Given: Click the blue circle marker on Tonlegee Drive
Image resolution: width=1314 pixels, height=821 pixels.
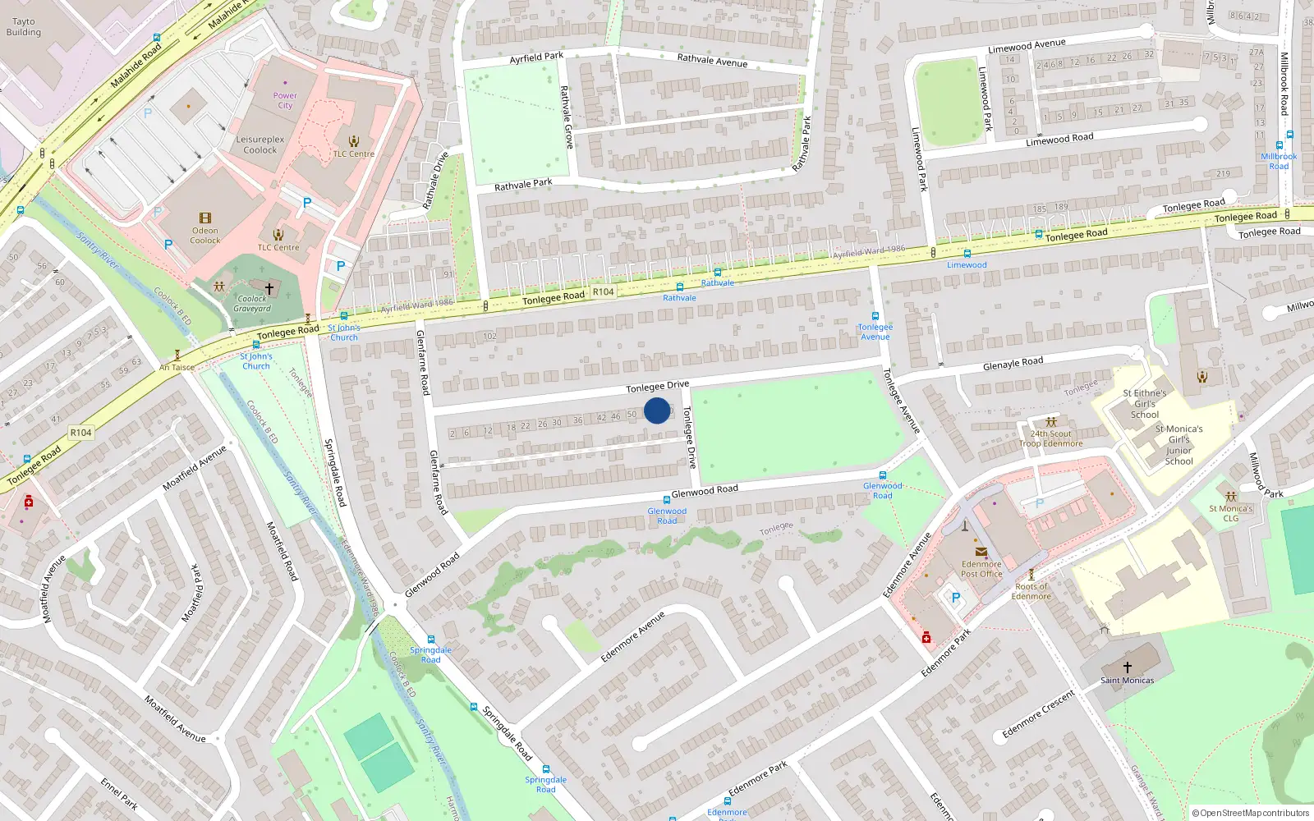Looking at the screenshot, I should [x=657, y=410].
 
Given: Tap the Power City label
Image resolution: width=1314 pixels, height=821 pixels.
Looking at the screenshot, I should [x=285, y=100].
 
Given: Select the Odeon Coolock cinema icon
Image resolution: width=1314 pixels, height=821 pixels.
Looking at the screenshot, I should [x=205, y=218].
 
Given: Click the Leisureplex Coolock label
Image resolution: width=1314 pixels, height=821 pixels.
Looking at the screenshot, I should [x=260, y=144].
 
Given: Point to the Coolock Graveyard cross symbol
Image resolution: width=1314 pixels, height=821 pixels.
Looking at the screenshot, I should [x=269, y=289].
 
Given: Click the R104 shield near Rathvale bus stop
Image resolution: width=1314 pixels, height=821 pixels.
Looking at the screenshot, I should [x=603, y=291].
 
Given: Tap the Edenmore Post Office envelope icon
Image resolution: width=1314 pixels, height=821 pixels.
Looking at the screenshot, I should [x=981, y=553].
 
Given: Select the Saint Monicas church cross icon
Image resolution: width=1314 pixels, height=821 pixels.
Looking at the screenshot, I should [x=1127, y=667].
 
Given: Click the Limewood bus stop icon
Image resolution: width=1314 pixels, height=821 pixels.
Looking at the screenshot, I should [x=967, y=254].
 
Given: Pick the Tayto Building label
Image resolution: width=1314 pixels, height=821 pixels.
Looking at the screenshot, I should [x=23, y=27].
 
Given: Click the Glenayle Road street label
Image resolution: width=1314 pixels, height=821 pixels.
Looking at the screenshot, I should [x=1013, y=363].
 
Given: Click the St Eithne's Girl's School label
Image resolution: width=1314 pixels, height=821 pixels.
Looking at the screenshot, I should [x=1145, y=404].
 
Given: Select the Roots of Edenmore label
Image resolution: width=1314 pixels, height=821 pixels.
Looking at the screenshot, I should [x=1031, y=591].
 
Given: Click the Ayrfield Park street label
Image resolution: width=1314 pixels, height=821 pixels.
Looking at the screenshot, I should [x=536, y=57].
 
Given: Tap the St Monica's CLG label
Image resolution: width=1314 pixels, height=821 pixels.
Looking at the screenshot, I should [x=1230, y=513].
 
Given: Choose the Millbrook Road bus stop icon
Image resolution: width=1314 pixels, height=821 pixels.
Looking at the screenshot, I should [x=1279, y=145].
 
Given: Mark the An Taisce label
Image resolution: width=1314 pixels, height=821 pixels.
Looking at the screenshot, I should [x=177, y=368].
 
